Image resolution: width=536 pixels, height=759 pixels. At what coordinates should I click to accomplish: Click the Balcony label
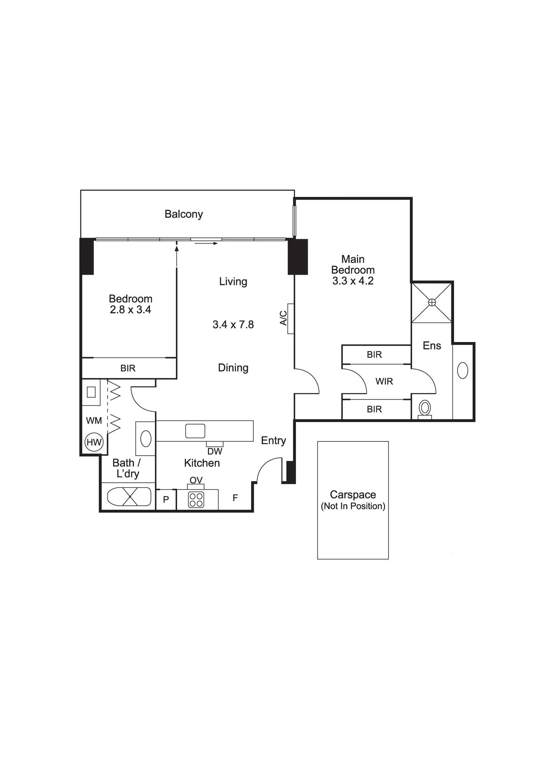184,214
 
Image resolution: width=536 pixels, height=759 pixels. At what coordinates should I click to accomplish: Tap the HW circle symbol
94,442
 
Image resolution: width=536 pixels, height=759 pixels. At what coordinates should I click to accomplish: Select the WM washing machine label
94,420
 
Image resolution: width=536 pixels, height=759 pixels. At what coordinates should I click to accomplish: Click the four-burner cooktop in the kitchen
196,500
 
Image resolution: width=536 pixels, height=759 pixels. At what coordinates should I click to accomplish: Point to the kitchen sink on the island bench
195,431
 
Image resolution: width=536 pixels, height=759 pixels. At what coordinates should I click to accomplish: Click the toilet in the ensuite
425,409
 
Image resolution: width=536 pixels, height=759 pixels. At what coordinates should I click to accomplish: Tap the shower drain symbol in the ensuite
432,302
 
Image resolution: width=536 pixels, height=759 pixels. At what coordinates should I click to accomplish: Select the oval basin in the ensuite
463,370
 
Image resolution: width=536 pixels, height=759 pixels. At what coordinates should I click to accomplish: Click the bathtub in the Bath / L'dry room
129,496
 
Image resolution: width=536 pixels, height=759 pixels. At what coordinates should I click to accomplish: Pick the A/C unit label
283,318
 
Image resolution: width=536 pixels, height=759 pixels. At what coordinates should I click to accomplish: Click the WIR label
384,381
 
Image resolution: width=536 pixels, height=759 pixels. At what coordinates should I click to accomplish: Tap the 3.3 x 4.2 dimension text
353,281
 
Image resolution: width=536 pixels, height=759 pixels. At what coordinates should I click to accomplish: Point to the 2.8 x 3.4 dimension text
130,310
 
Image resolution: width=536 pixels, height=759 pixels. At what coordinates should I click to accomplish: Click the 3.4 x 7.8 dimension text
233,324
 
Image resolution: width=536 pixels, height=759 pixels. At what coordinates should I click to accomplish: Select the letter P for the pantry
166,500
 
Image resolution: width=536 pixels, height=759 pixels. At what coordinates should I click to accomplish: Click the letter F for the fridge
235,498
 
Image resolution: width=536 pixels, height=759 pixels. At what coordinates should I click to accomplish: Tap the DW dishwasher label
215,452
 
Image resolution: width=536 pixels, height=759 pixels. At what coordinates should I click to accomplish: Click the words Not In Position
353,506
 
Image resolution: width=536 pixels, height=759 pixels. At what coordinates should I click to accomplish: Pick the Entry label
274,441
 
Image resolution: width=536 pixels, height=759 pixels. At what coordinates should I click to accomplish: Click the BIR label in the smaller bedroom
128,368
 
